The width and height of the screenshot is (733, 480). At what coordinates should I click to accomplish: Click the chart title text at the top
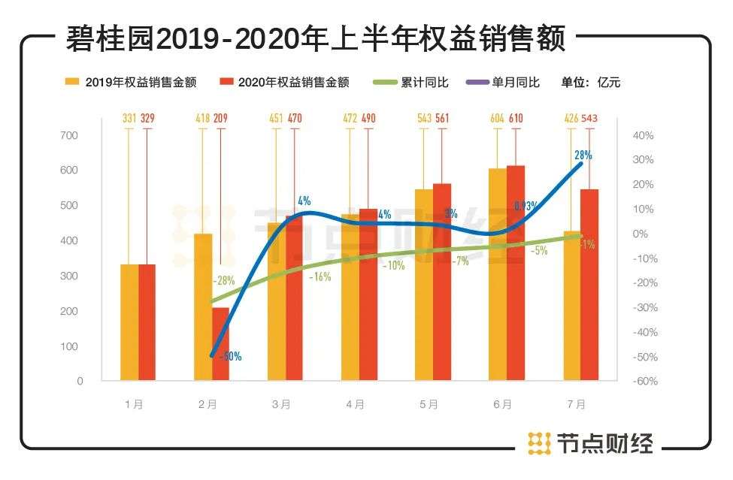click(x=316, y=38)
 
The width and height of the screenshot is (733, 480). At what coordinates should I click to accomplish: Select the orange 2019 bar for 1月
click(x=129, y=322)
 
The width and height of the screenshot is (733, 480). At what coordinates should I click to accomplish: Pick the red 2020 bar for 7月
click(x=589, y=285)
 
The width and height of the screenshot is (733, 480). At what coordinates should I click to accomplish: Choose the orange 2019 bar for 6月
click(x=498, y=274)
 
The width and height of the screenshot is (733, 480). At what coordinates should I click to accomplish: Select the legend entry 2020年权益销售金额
click(x=293, y=83)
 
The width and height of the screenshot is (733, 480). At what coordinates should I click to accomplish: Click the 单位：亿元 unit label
click(x=590, y=83)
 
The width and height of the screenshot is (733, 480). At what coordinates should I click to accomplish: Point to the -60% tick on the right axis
click(x=645, y=381)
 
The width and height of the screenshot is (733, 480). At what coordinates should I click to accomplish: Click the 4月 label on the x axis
click(x=356, y=404)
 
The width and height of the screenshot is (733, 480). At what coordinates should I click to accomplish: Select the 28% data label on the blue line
click(x=583, y=155)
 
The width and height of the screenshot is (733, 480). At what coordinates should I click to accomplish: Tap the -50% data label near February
click(x=230, y=357)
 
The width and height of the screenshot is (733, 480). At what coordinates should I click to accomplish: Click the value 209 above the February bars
click(x=221, y=117)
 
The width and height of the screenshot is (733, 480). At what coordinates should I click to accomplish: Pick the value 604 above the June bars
click(x=497, y=117)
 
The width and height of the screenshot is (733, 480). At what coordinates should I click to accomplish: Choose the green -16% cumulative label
click(x=320, y=276)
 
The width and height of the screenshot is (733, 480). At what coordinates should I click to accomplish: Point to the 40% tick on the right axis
click(x=644, y=135)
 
